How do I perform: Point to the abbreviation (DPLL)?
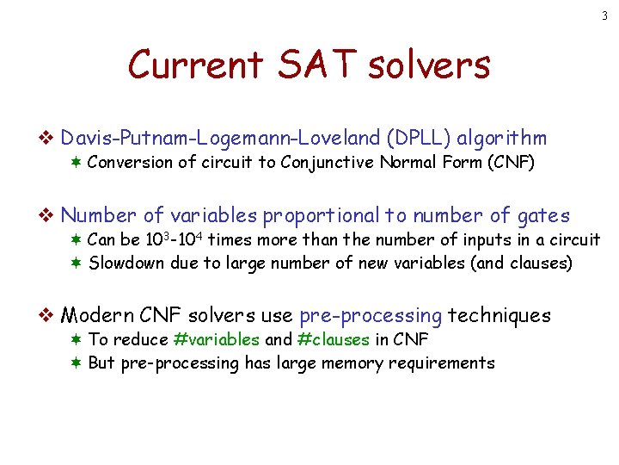pos(419,138)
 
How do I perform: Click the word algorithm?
pos(502,138)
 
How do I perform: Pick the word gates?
pos(544,215)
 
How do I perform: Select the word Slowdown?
pos(126,263)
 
